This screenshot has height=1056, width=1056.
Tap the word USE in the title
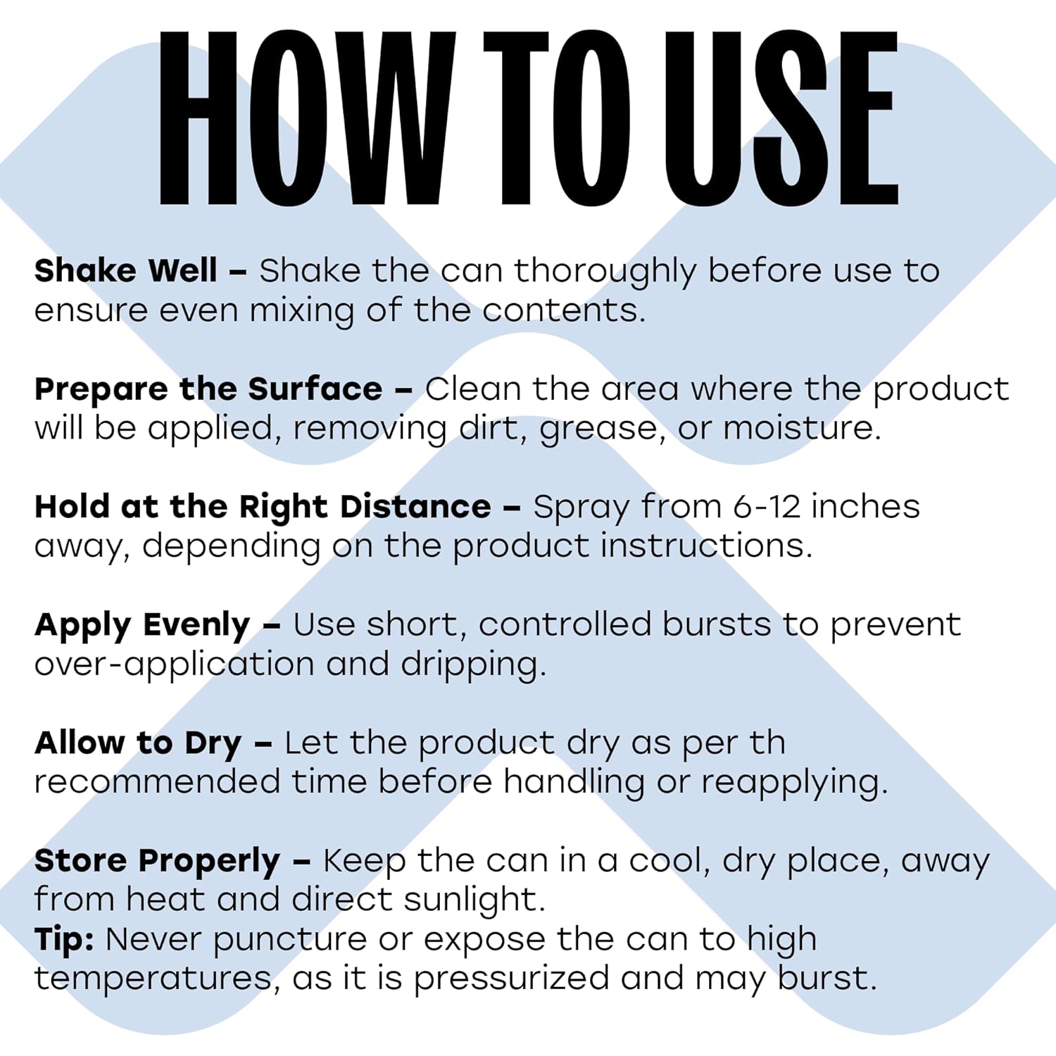pyautogui.click(x=782, y=118)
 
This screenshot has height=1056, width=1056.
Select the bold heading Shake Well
pyautogui.click(x=126, y=270)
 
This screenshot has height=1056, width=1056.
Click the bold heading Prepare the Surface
pyautogui.click(x=208, y=389)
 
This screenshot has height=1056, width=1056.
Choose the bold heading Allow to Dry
pyautogui.click(x=138, y=743)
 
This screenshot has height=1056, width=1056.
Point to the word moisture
pyautogui.click(x=803, y=428)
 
